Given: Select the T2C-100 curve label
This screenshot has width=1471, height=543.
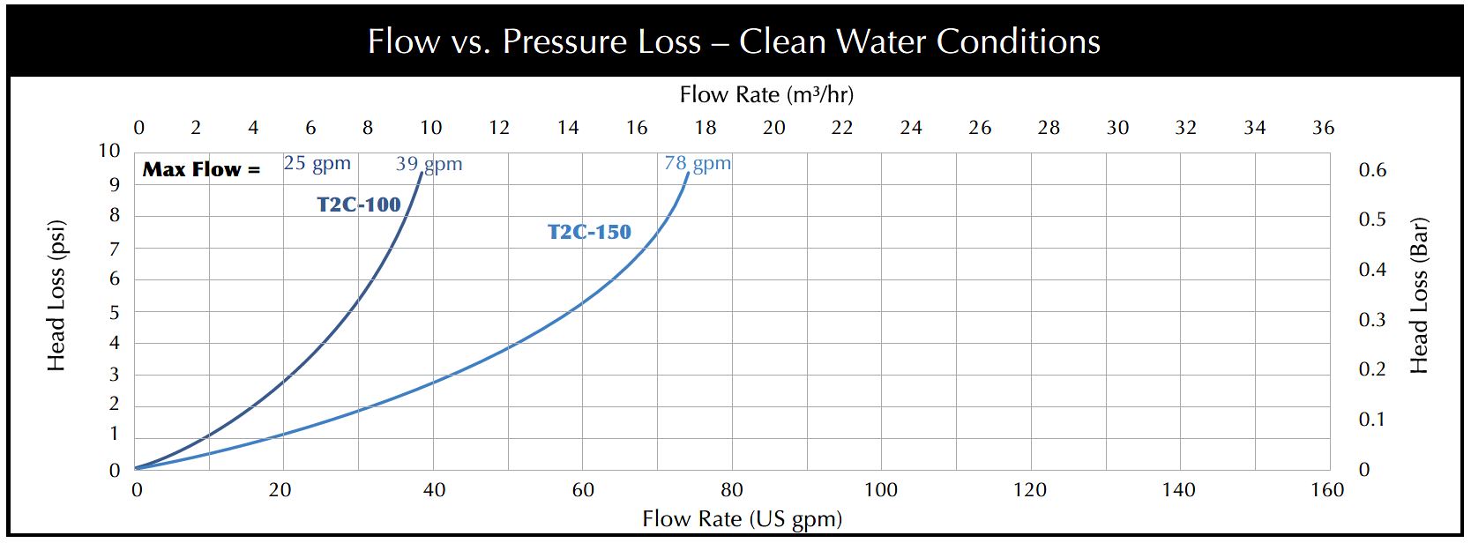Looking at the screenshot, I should click(x=359, y=205).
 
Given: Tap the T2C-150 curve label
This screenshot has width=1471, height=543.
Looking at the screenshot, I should click(x=589, y=232).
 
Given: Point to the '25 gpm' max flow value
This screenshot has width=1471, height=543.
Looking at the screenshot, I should click(x=317, y=163).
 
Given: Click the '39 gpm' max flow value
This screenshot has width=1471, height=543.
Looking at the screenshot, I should click(x=429, y=164).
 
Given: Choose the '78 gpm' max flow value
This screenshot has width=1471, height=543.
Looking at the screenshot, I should click(x=698, y=163).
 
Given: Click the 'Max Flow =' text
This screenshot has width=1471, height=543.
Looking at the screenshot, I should click(x=201, y=169).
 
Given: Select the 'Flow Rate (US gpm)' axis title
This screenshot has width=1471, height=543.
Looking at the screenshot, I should click(x=742, y=518).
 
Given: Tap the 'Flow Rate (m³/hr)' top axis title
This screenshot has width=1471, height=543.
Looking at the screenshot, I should click(x=766, y=94).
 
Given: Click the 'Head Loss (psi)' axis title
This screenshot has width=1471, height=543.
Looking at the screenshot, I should click(x=56, y=295).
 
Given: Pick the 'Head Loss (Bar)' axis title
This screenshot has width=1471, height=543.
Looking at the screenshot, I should click(x=1418, y=295).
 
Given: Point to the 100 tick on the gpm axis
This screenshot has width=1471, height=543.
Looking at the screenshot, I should click(x=880, y=490).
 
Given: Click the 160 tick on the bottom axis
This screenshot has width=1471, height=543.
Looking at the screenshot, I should click(x=1327, y=490).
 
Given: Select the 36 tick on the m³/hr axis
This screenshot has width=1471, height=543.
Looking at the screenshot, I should click(x=1323, y=128).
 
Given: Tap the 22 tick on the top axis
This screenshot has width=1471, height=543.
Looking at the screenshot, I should click(x=842, y=128).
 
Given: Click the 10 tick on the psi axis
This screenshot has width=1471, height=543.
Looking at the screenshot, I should click(x=108, y=151).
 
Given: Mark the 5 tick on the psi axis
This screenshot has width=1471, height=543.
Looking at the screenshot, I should click(x=114, y=313).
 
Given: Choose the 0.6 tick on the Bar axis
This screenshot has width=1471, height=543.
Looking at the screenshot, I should click(x=1372, y=170).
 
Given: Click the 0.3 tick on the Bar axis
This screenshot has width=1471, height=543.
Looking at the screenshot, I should click(x=1372, y=320).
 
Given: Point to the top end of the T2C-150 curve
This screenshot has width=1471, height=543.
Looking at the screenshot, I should click(x=688, y=173).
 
